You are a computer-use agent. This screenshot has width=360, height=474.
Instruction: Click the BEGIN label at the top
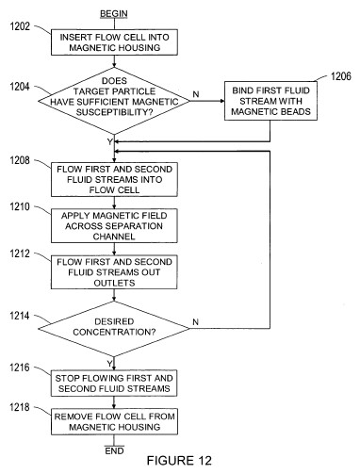point(114,14)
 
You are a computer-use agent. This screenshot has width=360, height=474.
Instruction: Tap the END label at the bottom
point(114,450)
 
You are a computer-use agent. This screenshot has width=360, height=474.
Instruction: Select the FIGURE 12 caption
point(179,461)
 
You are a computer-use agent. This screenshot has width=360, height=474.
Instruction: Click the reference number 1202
point(20,26)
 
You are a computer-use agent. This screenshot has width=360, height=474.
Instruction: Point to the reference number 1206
point(341,76)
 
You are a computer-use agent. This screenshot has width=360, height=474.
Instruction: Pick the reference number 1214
point(20,316)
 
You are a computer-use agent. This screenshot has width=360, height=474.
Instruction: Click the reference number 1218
point(20,407)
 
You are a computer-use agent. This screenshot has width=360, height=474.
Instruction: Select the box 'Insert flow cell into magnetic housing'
point(114,42)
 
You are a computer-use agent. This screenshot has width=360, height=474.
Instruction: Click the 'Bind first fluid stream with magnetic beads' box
point(270,101)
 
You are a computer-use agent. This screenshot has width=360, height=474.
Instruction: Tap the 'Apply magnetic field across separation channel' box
point(114,226)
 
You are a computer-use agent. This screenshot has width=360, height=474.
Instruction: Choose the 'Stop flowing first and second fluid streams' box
point(114,383)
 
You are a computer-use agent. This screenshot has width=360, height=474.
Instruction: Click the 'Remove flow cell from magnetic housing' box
point(114,421)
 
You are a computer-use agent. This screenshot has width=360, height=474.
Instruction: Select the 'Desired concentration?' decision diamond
point(114,329)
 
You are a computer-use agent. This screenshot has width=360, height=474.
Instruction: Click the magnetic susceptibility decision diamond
point(114,101)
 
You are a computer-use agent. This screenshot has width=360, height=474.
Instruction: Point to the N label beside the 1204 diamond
point(196,94)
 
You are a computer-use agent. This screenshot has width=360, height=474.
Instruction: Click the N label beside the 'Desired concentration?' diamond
point(196,322)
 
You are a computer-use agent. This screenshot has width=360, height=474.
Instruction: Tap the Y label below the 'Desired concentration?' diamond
point(109,364)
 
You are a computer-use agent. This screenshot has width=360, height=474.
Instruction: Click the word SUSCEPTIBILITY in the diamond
point(114,112)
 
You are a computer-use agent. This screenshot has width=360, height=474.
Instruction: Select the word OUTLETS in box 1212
point(114,283)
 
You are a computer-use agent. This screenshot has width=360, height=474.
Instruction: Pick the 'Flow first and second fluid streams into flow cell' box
point(114,179)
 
